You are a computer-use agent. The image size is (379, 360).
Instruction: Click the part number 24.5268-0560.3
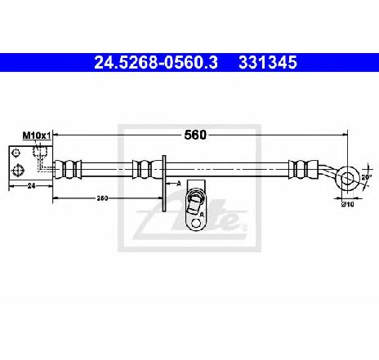(156, 63)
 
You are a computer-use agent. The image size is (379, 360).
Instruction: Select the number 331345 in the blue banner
(268, 63)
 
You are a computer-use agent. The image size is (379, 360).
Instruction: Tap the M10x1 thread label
(37, 136)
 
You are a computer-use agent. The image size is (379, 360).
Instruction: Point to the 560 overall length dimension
(195, 135)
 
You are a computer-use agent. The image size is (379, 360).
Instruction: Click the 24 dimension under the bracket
(32, 186)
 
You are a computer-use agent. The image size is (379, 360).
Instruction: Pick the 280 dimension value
(102, 198)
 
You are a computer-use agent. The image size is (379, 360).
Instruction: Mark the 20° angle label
(367, 177)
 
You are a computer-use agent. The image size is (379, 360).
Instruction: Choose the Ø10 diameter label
(348, 204)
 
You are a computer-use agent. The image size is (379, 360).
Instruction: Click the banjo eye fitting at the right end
(347, 178)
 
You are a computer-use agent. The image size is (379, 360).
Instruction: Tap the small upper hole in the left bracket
(16, 153)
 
